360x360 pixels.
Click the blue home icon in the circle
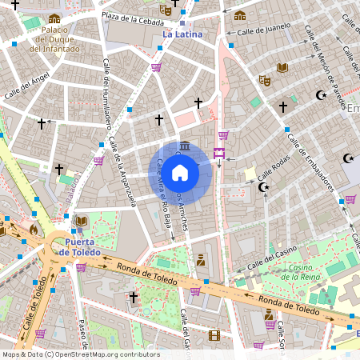point(180,173)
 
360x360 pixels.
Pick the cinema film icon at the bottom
point(214,335)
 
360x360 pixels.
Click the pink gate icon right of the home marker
point(218,153)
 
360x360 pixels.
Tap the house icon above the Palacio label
point(54,18)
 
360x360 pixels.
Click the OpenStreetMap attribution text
point(81,354)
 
